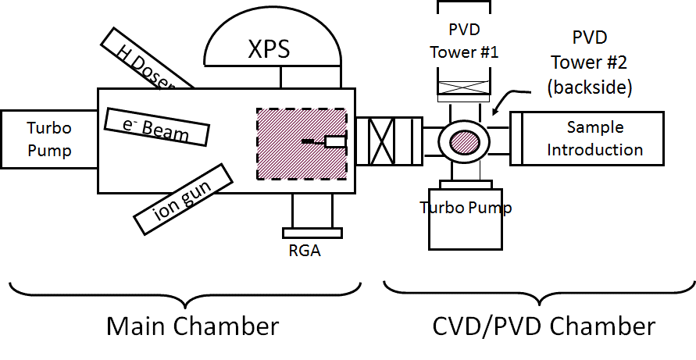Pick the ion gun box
point(184,198)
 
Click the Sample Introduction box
point(594,138)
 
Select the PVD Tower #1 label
point(473,41)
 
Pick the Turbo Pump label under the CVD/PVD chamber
point(466,207)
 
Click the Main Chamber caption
point(192,326)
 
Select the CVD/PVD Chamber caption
point(544,326)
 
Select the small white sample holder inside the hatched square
point(334,141)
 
